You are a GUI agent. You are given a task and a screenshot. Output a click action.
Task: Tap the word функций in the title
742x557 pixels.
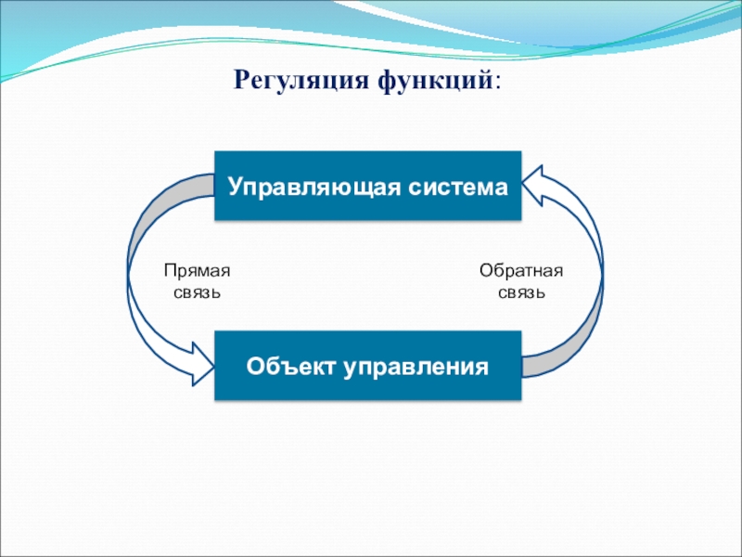[435, 80]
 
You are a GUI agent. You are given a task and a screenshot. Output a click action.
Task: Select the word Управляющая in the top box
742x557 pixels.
[314, 187]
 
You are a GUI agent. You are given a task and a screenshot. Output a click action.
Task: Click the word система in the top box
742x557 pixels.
[458, 188]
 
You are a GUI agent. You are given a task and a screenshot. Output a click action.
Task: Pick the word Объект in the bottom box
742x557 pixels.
[290, 366]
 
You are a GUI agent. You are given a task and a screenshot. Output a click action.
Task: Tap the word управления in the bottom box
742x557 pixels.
[415, 368]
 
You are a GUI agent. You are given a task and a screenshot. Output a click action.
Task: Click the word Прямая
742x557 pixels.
[198, 271]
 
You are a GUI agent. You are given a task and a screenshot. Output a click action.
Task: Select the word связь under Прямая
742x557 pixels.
[198, 292]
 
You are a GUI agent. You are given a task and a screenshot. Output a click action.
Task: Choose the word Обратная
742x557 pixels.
[521, 270]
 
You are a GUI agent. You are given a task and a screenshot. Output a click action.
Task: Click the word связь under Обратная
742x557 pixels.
[521, 292]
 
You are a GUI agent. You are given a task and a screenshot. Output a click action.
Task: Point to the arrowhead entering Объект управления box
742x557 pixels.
[203, 364]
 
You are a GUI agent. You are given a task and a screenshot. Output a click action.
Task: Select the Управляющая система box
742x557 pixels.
[367, 186]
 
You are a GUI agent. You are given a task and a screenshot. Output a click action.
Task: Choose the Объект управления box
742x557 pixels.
[367, 366]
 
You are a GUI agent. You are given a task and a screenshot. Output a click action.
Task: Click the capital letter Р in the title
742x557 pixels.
[242, 80]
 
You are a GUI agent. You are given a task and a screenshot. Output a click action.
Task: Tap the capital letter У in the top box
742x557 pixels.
[236, 188]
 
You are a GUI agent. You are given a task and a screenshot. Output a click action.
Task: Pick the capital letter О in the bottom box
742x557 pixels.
[256, 366]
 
